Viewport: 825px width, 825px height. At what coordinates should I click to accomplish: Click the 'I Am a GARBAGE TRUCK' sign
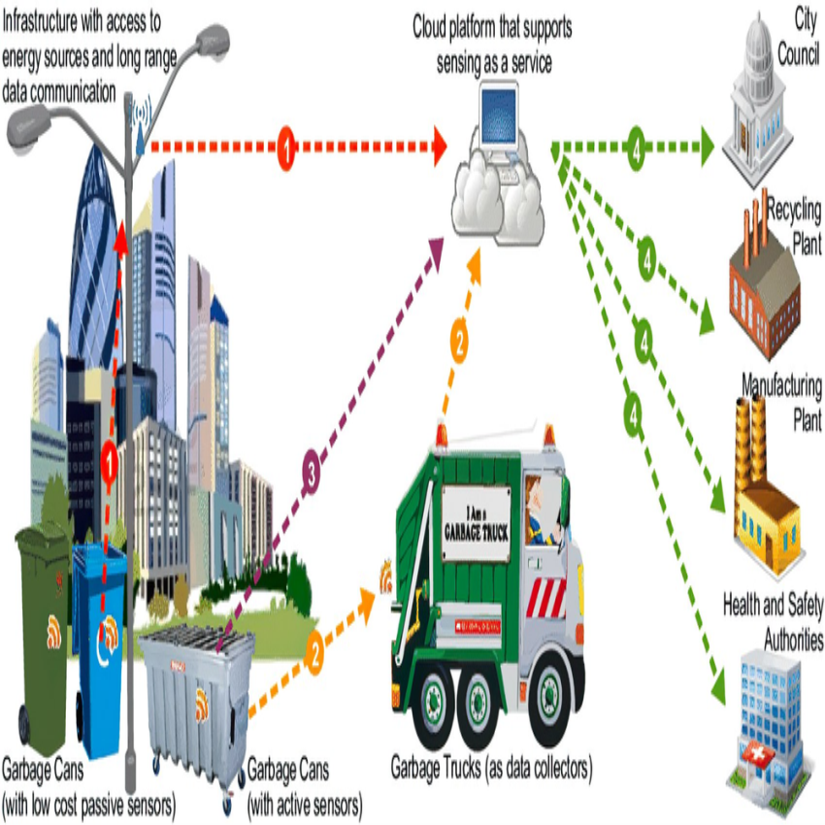point(476,525)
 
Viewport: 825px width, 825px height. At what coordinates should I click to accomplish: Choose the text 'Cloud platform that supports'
point(492,27)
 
